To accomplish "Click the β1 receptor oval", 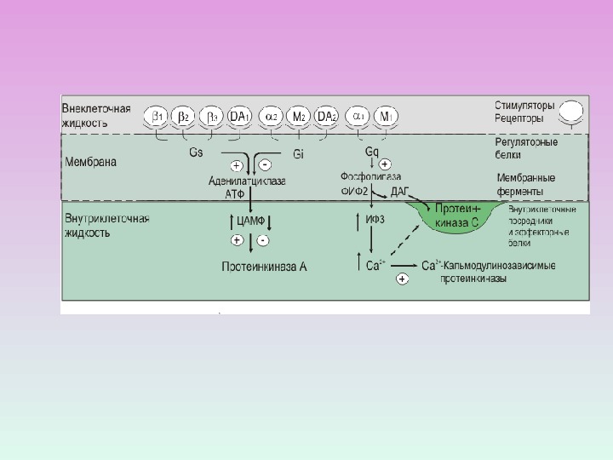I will click(x=158, y=116).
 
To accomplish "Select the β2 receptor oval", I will click(x=184, y=116).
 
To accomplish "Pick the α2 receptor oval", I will click(x=272, y=116).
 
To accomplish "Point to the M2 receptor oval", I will click(x=299, y=116).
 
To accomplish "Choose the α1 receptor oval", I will click(x=359, y=116).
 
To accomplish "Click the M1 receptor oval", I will click(x=387, y=116).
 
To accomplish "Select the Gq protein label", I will click(x=372, y=152).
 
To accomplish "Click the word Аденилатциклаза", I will click(x=247, y=181).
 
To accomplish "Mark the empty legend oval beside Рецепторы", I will click(x=571, y=112).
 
